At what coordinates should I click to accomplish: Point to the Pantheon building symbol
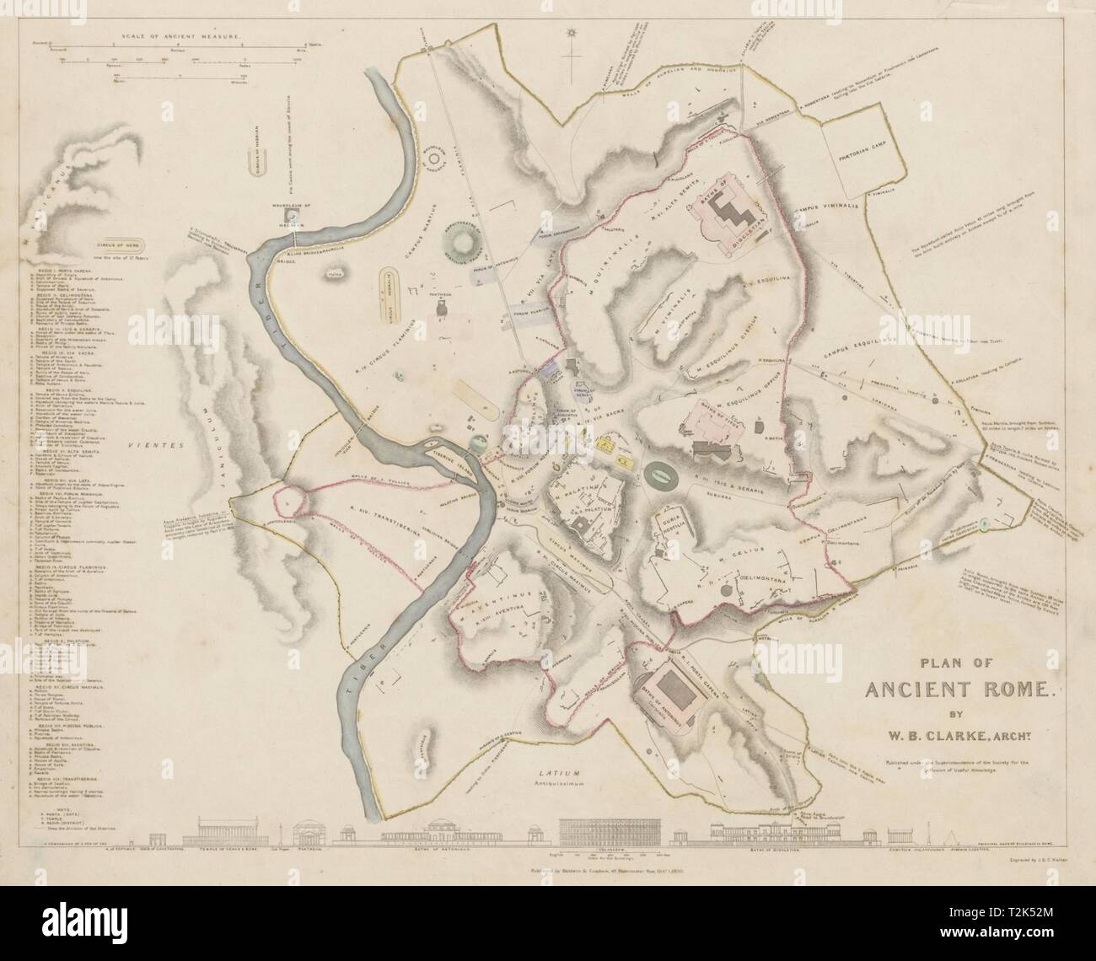pos(440,309)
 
